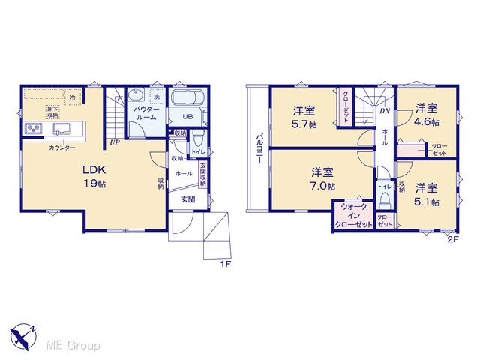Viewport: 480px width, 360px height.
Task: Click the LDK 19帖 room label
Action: pyautogui.click(x=94, y=177)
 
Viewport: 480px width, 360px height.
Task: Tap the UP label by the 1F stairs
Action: pyautogui.click(x=115, y=142)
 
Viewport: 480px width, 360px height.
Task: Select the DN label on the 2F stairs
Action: pyautogui.click(x=385, y=111)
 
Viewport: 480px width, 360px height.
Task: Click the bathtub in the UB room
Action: pyautogui.click(x=187, y=97)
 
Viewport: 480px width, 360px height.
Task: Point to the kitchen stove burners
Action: pyautogui.click(x=34, y=129)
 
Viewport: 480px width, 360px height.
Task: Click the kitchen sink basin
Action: pyautogui.click(x=61, y=128)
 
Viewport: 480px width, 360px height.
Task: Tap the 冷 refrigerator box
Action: pyautogui.click(x=73, y=97)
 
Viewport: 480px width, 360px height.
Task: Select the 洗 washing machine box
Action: pyautogui.click(x=157, y=97)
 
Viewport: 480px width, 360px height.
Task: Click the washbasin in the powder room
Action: pyautogui.click(x=136, y=94)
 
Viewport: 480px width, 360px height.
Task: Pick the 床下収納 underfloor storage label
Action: pyautogui.click(x=52, y=112)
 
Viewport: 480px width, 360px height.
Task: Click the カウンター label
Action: pyautogui.click(x=62, y=148)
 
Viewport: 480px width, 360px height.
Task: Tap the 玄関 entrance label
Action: pyautogui.click(x=188, y=199)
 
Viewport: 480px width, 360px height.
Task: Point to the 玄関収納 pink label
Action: pyautogui.click(x=203, y=174)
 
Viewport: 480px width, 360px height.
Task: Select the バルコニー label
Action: pyautogui.click(x=259, y=148)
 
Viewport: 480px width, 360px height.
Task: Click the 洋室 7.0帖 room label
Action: pyautogui.click(x=322, y=179)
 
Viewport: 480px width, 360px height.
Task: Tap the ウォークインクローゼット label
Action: pyautogui.click(x=353, y=216)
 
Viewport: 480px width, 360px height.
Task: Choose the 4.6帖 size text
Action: pyautogui.click(x=426, y=122)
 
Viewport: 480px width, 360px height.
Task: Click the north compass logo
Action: pyautogui.click(x=23, y=337)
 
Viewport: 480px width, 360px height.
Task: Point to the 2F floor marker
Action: pyautogui.click(x=453, y=240)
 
